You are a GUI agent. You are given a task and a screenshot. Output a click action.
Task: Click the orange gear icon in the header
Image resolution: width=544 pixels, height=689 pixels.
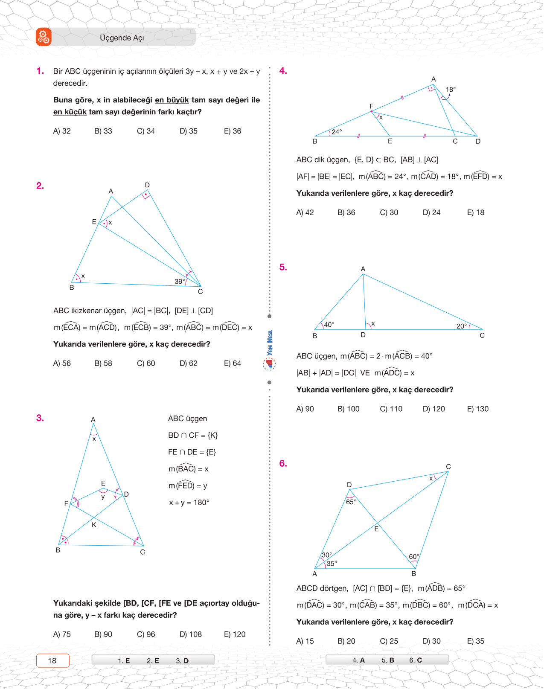44,37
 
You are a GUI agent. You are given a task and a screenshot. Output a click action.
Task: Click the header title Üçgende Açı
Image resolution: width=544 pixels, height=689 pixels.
122,38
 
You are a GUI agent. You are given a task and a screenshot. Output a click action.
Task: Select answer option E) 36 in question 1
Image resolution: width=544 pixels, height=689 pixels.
233,131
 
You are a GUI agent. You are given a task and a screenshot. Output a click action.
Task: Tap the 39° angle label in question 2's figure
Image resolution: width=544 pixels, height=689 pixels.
180,282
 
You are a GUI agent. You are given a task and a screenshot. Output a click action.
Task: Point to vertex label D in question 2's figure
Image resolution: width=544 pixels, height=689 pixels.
147,185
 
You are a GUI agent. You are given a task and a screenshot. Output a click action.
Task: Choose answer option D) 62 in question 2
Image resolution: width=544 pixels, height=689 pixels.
189,363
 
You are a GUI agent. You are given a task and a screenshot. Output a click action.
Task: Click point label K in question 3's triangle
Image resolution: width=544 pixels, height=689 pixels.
94,525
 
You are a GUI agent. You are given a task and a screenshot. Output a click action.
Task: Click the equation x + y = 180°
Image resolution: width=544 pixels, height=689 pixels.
189,503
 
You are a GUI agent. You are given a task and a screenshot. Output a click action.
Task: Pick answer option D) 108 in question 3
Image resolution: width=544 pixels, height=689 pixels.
191,634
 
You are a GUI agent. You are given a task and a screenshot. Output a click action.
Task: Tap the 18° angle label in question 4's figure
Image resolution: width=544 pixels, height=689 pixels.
451,90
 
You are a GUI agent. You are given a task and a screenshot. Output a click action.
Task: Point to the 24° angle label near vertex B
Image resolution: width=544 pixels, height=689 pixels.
337,132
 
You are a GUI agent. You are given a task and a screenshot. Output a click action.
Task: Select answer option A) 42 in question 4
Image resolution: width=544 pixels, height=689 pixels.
305,212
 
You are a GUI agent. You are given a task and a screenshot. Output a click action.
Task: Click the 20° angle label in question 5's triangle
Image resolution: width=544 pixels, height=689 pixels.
462,326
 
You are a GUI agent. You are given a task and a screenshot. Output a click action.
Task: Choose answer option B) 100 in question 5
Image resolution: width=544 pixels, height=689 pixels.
348,409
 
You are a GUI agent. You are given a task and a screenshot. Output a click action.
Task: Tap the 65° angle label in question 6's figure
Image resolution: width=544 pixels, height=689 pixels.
351,502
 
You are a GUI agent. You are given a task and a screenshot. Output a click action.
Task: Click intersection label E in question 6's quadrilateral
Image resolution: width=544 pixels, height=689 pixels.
376,529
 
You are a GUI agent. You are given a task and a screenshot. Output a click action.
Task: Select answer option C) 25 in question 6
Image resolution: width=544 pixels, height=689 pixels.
389,641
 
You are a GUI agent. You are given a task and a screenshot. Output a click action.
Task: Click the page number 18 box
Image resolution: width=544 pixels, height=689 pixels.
52,660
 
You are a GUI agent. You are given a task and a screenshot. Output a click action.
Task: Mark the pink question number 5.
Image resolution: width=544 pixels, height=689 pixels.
283,267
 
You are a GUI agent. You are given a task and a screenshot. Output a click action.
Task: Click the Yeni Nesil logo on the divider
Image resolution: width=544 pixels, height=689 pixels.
270,350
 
